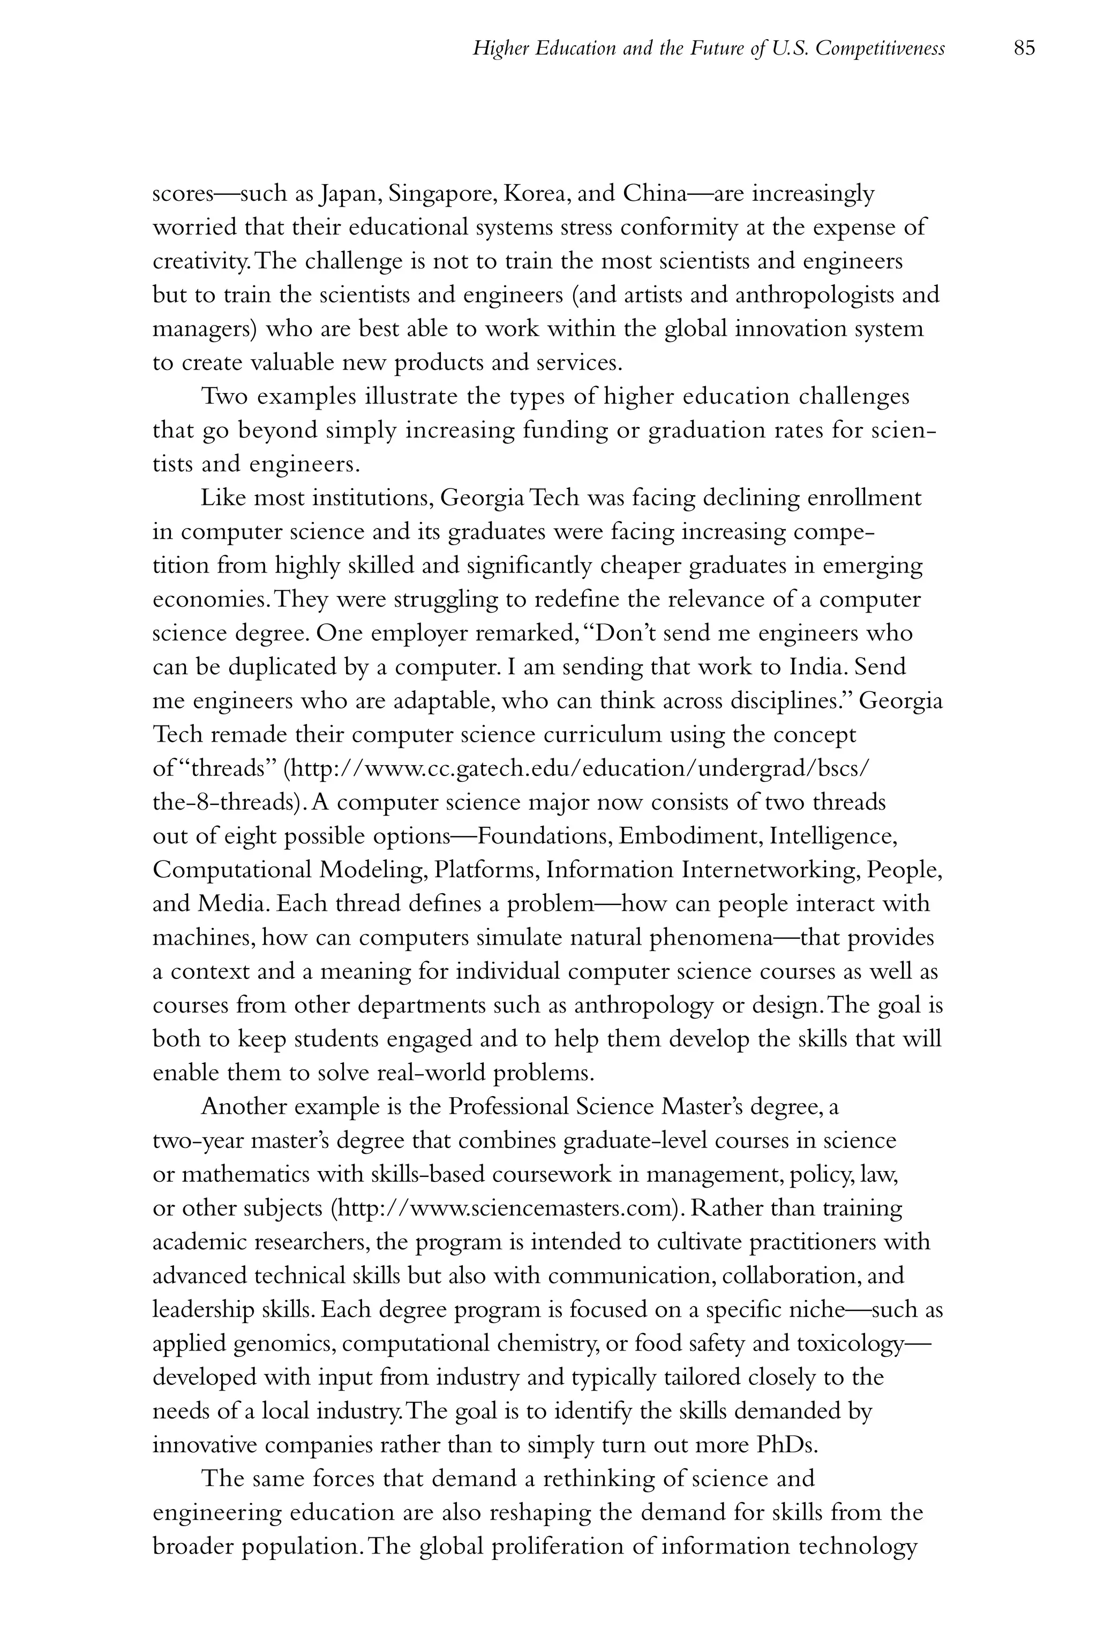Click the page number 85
point(1024,48)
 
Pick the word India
point(818,667)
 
